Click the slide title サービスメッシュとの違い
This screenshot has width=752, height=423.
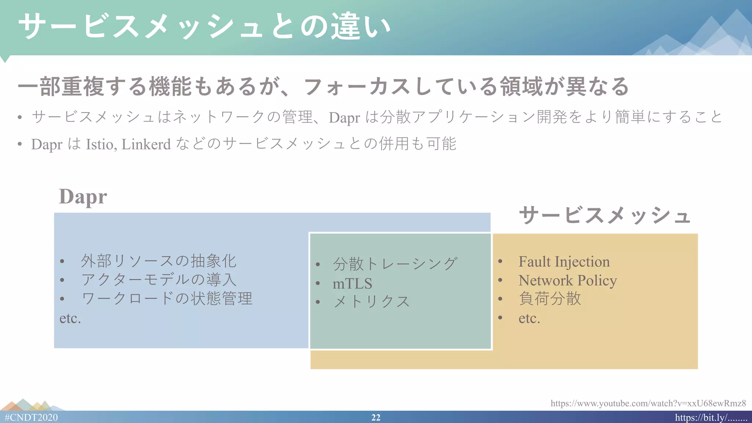(204, 26)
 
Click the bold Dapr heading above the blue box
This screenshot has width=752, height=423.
(83, 197)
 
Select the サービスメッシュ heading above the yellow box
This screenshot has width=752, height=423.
(605, 215)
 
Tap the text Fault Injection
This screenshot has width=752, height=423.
(564, 262)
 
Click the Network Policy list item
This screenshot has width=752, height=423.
(568, 281)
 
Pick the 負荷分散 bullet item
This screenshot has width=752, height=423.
(550, 299)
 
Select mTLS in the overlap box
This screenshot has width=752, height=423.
(352, 283)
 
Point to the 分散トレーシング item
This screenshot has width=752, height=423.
(395, 264)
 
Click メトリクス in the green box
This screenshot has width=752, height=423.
(371, 302)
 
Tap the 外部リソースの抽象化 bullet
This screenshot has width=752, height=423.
(159, 261)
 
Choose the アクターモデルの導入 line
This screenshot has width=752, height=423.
(159, 280)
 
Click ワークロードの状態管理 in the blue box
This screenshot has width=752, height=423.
(167, 299)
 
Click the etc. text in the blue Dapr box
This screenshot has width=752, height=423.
(70, 318)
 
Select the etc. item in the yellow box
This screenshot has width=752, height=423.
(529, 318)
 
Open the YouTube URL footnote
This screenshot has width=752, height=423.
(648, 403)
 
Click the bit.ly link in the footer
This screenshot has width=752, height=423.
(711, 417)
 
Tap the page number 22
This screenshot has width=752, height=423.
(376, 417)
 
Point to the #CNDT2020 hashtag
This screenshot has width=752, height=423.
(32, 417)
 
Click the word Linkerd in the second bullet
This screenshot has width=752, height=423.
(146, 144)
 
